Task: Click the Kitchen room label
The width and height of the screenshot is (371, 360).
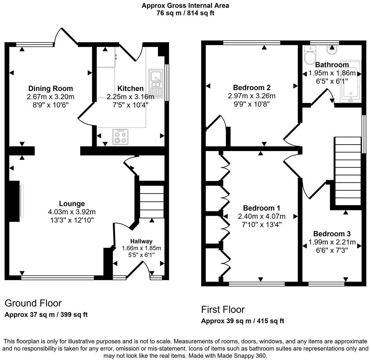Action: [131, 88]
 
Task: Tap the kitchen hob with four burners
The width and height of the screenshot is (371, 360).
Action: [120, 137]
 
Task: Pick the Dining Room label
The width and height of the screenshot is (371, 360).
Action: [50, 88]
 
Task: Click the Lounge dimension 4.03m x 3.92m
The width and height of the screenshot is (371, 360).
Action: [72, 212]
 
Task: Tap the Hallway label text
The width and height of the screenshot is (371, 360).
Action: [141, 241]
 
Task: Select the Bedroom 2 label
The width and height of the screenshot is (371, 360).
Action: [251, 87]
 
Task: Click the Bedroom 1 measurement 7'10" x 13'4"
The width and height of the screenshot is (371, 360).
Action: [261, 224]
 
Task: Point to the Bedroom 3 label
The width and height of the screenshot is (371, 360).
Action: [332, 234]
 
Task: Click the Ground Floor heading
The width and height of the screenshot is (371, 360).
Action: [33, 303]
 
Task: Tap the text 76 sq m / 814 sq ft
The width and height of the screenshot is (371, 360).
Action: [185, 13]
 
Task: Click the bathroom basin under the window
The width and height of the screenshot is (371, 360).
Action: [332, 50]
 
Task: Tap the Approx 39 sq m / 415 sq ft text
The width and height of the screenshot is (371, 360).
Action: [243, 321]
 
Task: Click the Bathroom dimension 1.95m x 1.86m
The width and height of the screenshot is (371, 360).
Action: [332, 73]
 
